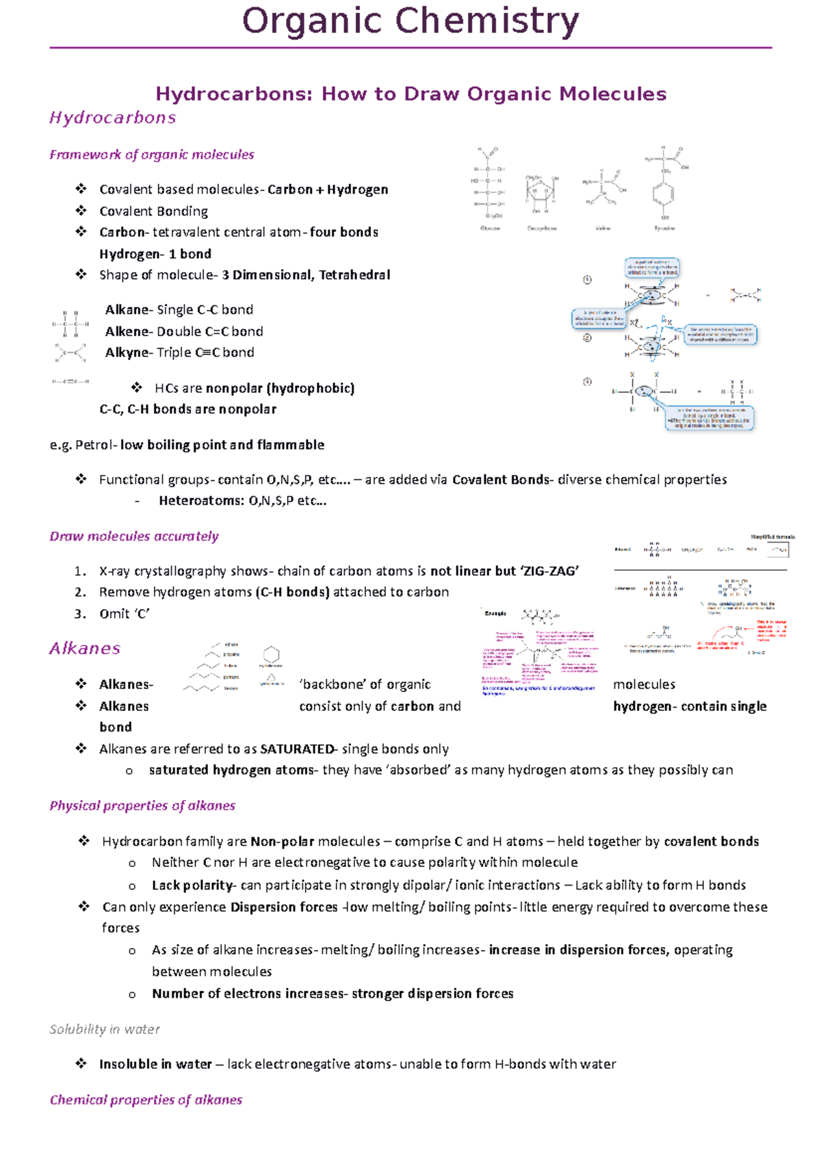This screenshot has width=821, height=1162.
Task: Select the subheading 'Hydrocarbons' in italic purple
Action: [x=113, y=118]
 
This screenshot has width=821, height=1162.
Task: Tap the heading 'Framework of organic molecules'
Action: [x=151, y=155]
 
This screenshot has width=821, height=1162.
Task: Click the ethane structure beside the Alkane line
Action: [x=70, y=324]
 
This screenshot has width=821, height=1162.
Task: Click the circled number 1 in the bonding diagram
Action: [x=587, y=279]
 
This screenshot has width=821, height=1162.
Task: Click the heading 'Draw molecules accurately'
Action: [x=134, y=537]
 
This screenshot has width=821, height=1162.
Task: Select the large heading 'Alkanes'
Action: [x=85, y=648]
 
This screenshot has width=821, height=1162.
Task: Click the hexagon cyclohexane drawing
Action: [x=272, y=654]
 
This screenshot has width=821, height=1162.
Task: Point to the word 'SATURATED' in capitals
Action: [x=297, y=749]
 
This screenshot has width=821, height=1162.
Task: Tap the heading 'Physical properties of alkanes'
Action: [x=142, y=805]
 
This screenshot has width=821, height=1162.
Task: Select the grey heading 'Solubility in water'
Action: [x=105, y=1029]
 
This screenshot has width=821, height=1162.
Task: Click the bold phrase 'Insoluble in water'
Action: [x=155, y=1064]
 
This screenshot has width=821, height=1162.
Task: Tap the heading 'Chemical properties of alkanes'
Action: [x=146, y=1100]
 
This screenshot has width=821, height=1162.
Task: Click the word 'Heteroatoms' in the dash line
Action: [x=199, y=501]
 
